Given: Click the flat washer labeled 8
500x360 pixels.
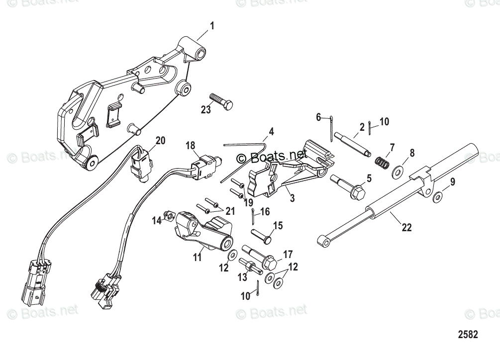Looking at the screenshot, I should pyautogui.click(x=398, y=172).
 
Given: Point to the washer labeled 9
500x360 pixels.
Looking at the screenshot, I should pyautogui.click(x=436, y=197).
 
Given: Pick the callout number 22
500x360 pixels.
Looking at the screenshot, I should pyautogui.click(x=407, y=228).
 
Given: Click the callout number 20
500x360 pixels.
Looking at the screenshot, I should pyautogui.click(x=159, y=141).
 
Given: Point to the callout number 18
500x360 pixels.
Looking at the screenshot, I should pyautogui.click(x=191, y=145).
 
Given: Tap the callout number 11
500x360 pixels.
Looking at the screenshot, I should pyautogui.click(x=198, y=257).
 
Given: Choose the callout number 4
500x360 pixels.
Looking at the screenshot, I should pyautogui.click(x=271, y=132).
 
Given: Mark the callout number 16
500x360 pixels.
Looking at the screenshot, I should pyautogui.click(x=265, y=211).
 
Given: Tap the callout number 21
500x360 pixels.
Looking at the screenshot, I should pyautogui.click(x=230, y=210).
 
